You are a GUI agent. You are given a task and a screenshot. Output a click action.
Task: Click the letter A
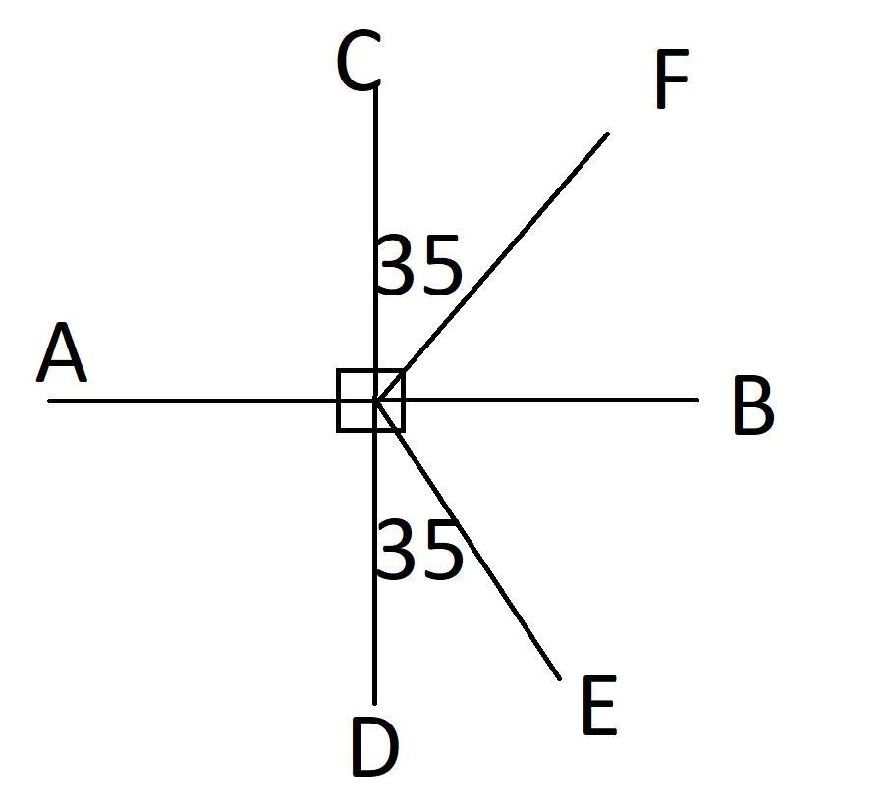[62, 354]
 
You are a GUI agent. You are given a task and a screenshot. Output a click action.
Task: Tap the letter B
[753, 404]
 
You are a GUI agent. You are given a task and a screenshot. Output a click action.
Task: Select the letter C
[358, 62]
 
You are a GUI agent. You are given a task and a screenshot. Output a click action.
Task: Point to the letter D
[374, 747]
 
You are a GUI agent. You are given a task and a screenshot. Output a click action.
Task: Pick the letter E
[598, 707]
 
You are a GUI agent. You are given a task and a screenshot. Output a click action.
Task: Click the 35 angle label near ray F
[419, 265]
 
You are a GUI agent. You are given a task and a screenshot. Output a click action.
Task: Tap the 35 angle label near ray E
[419, 551]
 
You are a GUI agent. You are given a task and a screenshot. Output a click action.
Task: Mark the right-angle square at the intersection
[370, 401]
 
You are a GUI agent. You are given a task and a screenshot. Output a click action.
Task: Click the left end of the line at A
[49, 401]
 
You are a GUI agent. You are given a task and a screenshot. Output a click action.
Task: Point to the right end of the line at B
[697, 400]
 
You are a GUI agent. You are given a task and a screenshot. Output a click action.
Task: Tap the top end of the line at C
[375, 88]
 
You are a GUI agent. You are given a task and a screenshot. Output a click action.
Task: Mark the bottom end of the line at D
[374, 703]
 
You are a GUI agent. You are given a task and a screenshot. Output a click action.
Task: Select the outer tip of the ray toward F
[607, 134]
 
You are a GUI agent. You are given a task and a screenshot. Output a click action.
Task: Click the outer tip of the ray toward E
[559, 677]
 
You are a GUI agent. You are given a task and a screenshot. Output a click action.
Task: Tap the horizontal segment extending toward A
[196, 401]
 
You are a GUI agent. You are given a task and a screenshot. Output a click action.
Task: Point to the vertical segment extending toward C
[375, 177]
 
